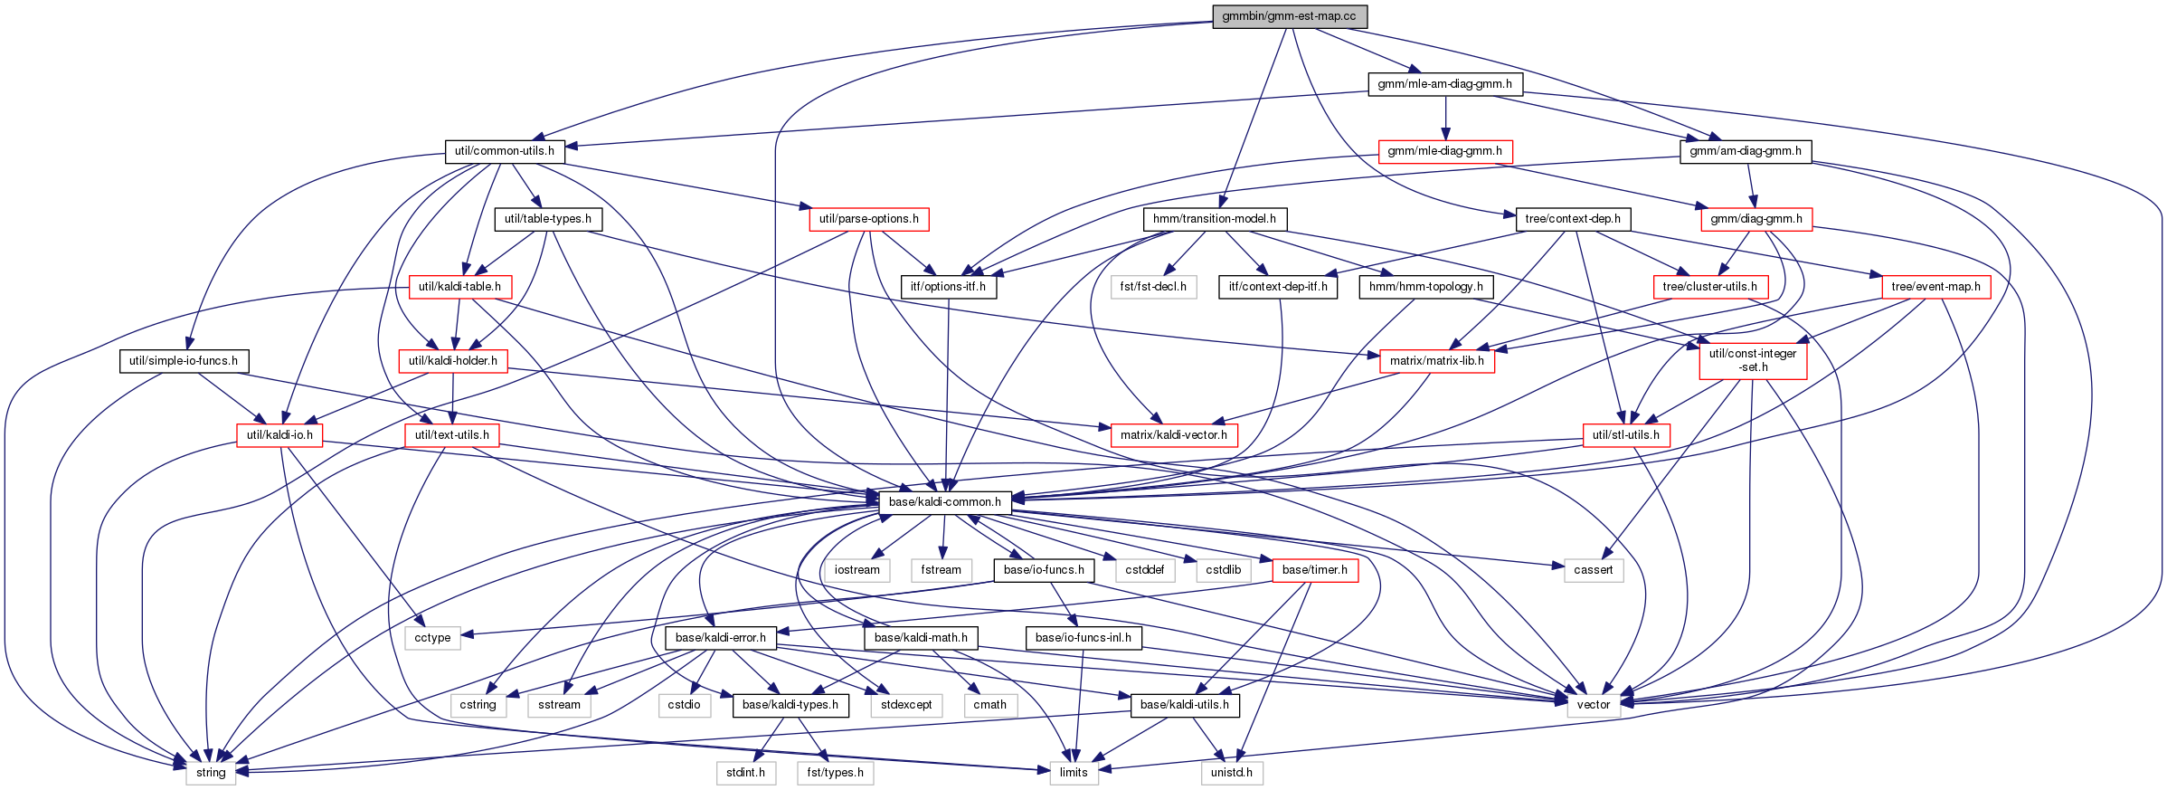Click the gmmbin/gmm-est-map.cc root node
click(x=1289, y=16)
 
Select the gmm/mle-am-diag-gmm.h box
click(x=1444, y=84)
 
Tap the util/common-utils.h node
click(x=505, y=151)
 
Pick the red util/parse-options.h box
click(x=868, y=219)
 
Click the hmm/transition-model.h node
click(x=1215, y=219)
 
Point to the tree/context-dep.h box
click(x=1573, y=219)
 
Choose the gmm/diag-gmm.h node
click(x=1756, y=219)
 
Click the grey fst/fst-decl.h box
click(x=1153, y=287)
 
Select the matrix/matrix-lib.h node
click(x=1436, y=361)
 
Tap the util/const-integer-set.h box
click(x=1753, y=360)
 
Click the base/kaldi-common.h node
click(x=944, y=502)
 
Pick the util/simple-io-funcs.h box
click(x=184, y=361)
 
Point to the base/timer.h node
click(x=1314, y=570)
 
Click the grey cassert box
click(x=1593, y=570)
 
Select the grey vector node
click(x=1593, y=705)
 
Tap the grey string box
click(x=211, y=773)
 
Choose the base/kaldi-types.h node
click(x=790, y=705)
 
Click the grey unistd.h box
click(x=1232, y=773)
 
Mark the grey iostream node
click(x=856, y=570)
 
